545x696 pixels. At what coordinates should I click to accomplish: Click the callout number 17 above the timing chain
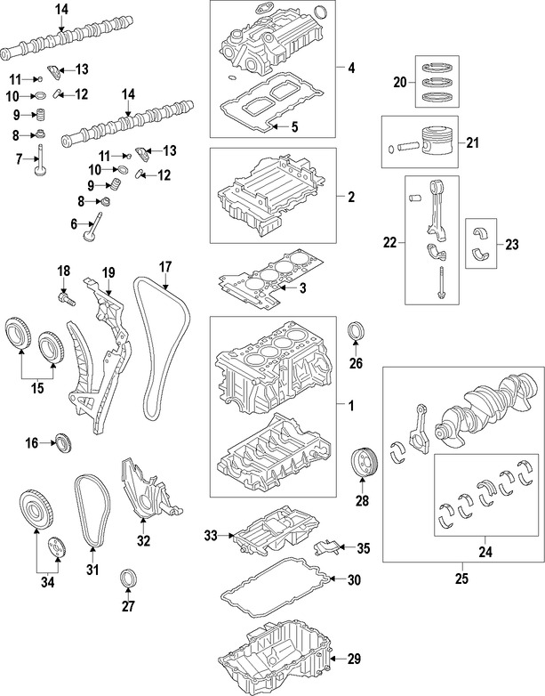(164, 265)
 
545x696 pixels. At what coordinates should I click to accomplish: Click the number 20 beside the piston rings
(399, 82)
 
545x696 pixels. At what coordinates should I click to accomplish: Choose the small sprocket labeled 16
(63, 441)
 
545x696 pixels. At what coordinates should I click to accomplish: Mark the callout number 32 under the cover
(143, 540)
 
